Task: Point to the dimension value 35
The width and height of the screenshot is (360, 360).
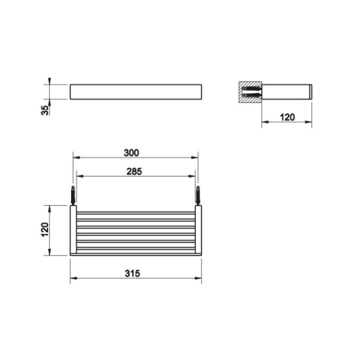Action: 45,109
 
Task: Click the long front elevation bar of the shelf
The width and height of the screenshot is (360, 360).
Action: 136,92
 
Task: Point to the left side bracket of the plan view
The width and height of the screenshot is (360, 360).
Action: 73,230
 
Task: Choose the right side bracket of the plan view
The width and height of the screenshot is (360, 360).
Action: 198,230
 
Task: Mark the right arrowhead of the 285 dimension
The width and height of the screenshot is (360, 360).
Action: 192,176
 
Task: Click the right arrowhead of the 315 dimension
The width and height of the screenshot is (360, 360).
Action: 199,278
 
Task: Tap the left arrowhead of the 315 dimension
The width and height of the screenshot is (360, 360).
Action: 73,278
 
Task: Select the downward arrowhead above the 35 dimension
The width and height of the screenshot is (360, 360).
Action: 49,81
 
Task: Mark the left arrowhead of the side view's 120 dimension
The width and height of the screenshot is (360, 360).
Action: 265,121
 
